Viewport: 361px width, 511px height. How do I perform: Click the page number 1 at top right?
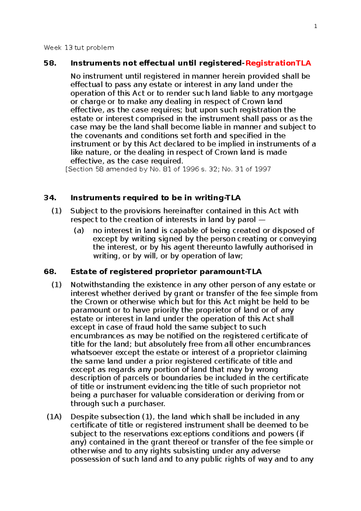point(315,26)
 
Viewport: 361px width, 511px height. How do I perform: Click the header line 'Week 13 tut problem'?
point(79,48)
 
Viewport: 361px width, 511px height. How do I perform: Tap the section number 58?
point(50,63)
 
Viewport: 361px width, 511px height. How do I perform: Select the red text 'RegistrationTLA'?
point(278,63)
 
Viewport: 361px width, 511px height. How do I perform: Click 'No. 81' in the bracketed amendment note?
point(156,169)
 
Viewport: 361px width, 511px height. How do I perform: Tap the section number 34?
point(50,198)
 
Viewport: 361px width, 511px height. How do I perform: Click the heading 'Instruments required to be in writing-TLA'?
point(156,198)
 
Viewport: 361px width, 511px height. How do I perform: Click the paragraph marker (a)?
point(79,231)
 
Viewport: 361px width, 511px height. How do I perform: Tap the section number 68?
point(50,272)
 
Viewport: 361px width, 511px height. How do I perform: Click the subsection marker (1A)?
point(54,417)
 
